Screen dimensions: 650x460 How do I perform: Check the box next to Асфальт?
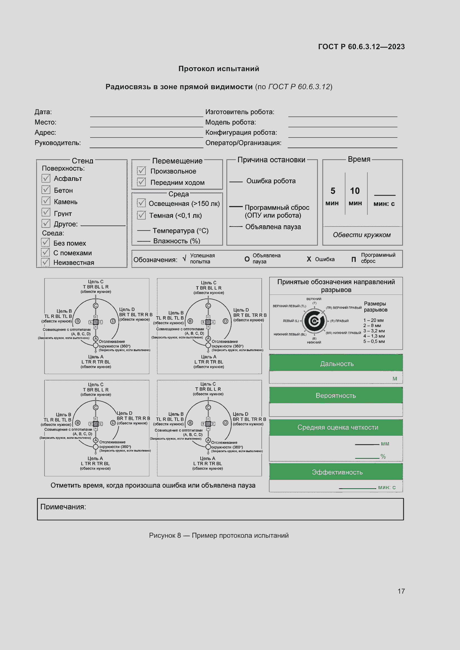(46, 178)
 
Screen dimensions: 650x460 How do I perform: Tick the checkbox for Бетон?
(46, 190)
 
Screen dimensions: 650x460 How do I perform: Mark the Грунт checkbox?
(46, 212)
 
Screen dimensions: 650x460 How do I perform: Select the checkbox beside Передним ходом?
(141, 182)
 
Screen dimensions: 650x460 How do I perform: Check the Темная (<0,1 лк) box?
(141, 215)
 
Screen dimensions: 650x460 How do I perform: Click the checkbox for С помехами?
(46, 252)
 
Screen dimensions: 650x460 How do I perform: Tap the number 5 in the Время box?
(333, 191)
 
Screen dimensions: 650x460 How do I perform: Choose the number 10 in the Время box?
(355, 191)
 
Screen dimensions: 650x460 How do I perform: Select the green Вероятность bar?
(336, 395)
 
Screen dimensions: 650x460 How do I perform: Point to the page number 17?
(401, 591)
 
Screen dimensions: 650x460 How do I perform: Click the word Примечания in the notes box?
(63, 507)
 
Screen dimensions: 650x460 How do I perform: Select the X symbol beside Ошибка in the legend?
(309, 259)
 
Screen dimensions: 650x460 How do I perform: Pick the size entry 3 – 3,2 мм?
(374, 331)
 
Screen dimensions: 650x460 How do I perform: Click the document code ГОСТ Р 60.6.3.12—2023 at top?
(362, 47)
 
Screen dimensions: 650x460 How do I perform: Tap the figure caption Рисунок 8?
(165, 535)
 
